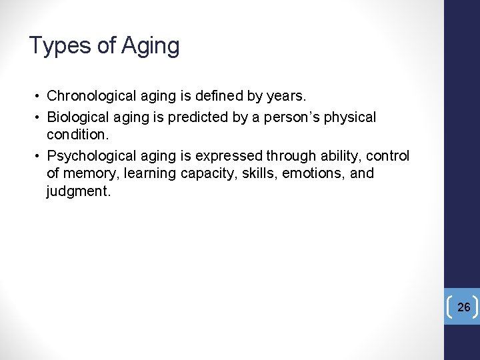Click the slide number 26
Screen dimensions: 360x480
click(464, 307)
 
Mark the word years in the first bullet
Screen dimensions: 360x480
click(285, 96)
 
